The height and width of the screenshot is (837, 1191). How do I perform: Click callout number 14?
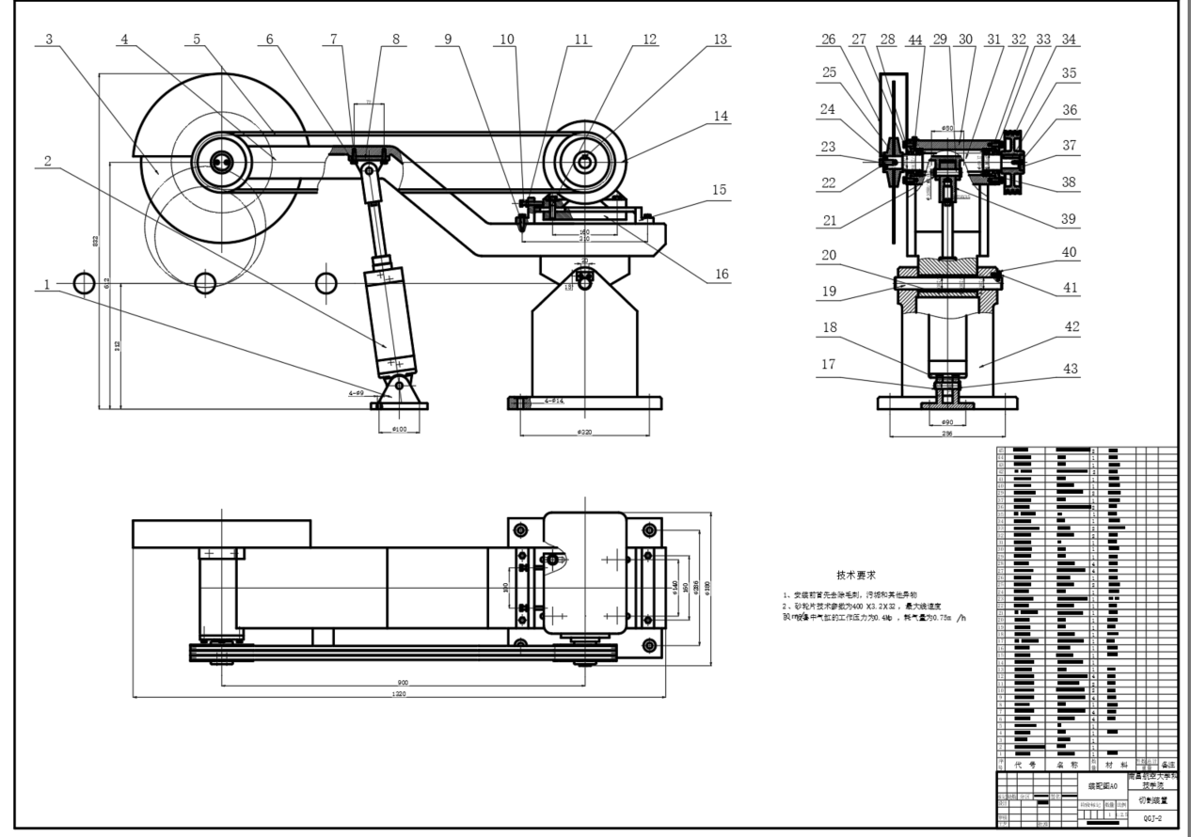[722, 116]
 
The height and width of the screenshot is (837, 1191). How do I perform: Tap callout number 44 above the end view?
[915, 40]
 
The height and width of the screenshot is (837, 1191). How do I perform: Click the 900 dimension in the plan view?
[402, 682]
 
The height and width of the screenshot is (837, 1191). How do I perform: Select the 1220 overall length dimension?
[400, 694]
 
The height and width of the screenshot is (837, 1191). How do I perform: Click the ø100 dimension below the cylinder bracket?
[399, 430]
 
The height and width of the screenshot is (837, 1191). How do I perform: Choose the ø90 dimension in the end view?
[948, 422]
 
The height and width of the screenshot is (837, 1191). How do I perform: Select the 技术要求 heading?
[857, 575]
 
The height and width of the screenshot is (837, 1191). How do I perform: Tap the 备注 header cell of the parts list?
[1167, 765]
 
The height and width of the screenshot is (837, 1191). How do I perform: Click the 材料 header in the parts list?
[1113, 765]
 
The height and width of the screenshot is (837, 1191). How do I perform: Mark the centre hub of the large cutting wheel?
[221, 162]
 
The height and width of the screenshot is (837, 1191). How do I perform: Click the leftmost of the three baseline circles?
[85, 282]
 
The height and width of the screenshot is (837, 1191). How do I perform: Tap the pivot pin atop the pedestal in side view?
[585, 277]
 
